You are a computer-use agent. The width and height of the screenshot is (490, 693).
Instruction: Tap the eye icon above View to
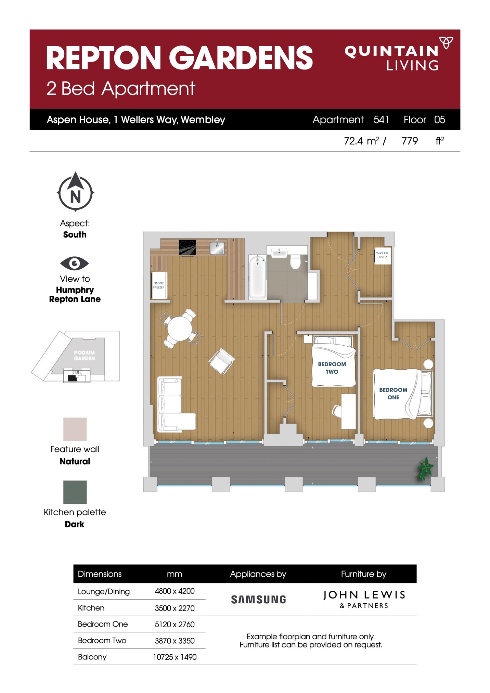(x=74, y=263)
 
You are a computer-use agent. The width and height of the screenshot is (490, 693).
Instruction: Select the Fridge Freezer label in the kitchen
(x=159, y=285)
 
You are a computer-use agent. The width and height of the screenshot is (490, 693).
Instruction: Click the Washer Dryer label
(x=382, y=255)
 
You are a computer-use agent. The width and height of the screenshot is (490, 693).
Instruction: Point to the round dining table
(x=179, y=328)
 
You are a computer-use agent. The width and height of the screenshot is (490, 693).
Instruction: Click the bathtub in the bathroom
(x=257, y=277)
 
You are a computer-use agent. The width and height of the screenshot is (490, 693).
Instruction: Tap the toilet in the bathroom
(x=295, y=261)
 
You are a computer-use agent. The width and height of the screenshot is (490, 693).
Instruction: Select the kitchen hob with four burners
(x=188, y=247)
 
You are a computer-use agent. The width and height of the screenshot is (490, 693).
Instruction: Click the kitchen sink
(x=217, y=247)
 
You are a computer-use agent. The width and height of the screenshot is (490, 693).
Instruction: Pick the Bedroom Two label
(x=332, y=368)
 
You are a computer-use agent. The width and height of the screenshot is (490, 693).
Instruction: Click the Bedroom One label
(x=393, y=394)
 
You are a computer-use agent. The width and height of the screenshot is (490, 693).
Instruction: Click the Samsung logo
(x=258, y=600)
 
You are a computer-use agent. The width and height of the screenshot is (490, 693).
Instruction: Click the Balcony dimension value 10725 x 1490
(x=175, y=657)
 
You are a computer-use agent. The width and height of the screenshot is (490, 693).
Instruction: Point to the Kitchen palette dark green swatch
(x=75, y=492)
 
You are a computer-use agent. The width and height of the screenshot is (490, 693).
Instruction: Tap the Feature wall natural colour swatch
(x=75, y=429)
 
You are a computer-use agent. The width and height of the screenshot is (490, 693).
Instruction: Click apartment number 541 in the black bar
(x=381, y=119)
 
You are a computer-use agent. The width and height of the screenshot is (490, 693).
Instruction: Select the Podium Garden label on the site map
(x=84, y=355)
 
